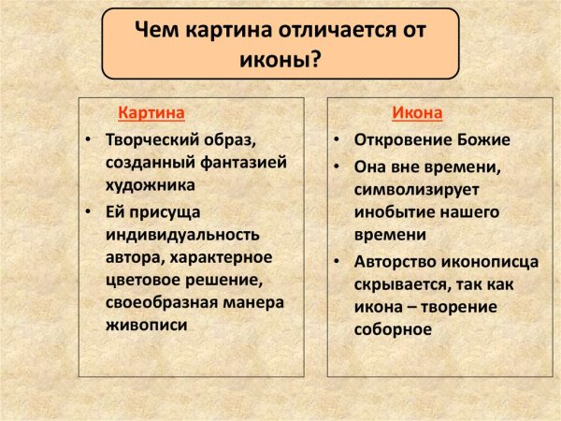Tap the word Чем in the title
(x=155, y=31)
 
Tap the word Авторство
(x=394, y=260)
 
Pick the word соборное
(x=393, y=329)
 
